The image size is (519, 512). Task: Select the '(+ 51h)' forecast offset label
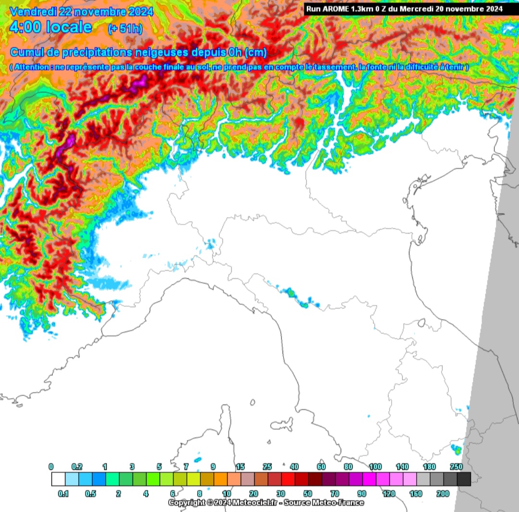(126, 28)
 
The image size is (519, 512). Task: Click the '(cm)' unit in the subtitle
(256, 52)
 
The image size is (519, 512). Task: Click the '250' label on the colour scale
(457, 467)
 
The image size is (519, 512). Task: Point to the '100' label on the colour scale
(375, 467)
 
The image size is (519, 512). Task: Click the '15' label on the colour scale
(241, 467)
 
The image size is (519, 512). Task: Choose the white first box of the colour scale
(58, 479)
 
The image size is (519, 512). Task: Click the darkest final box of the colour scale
(464, 479)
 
